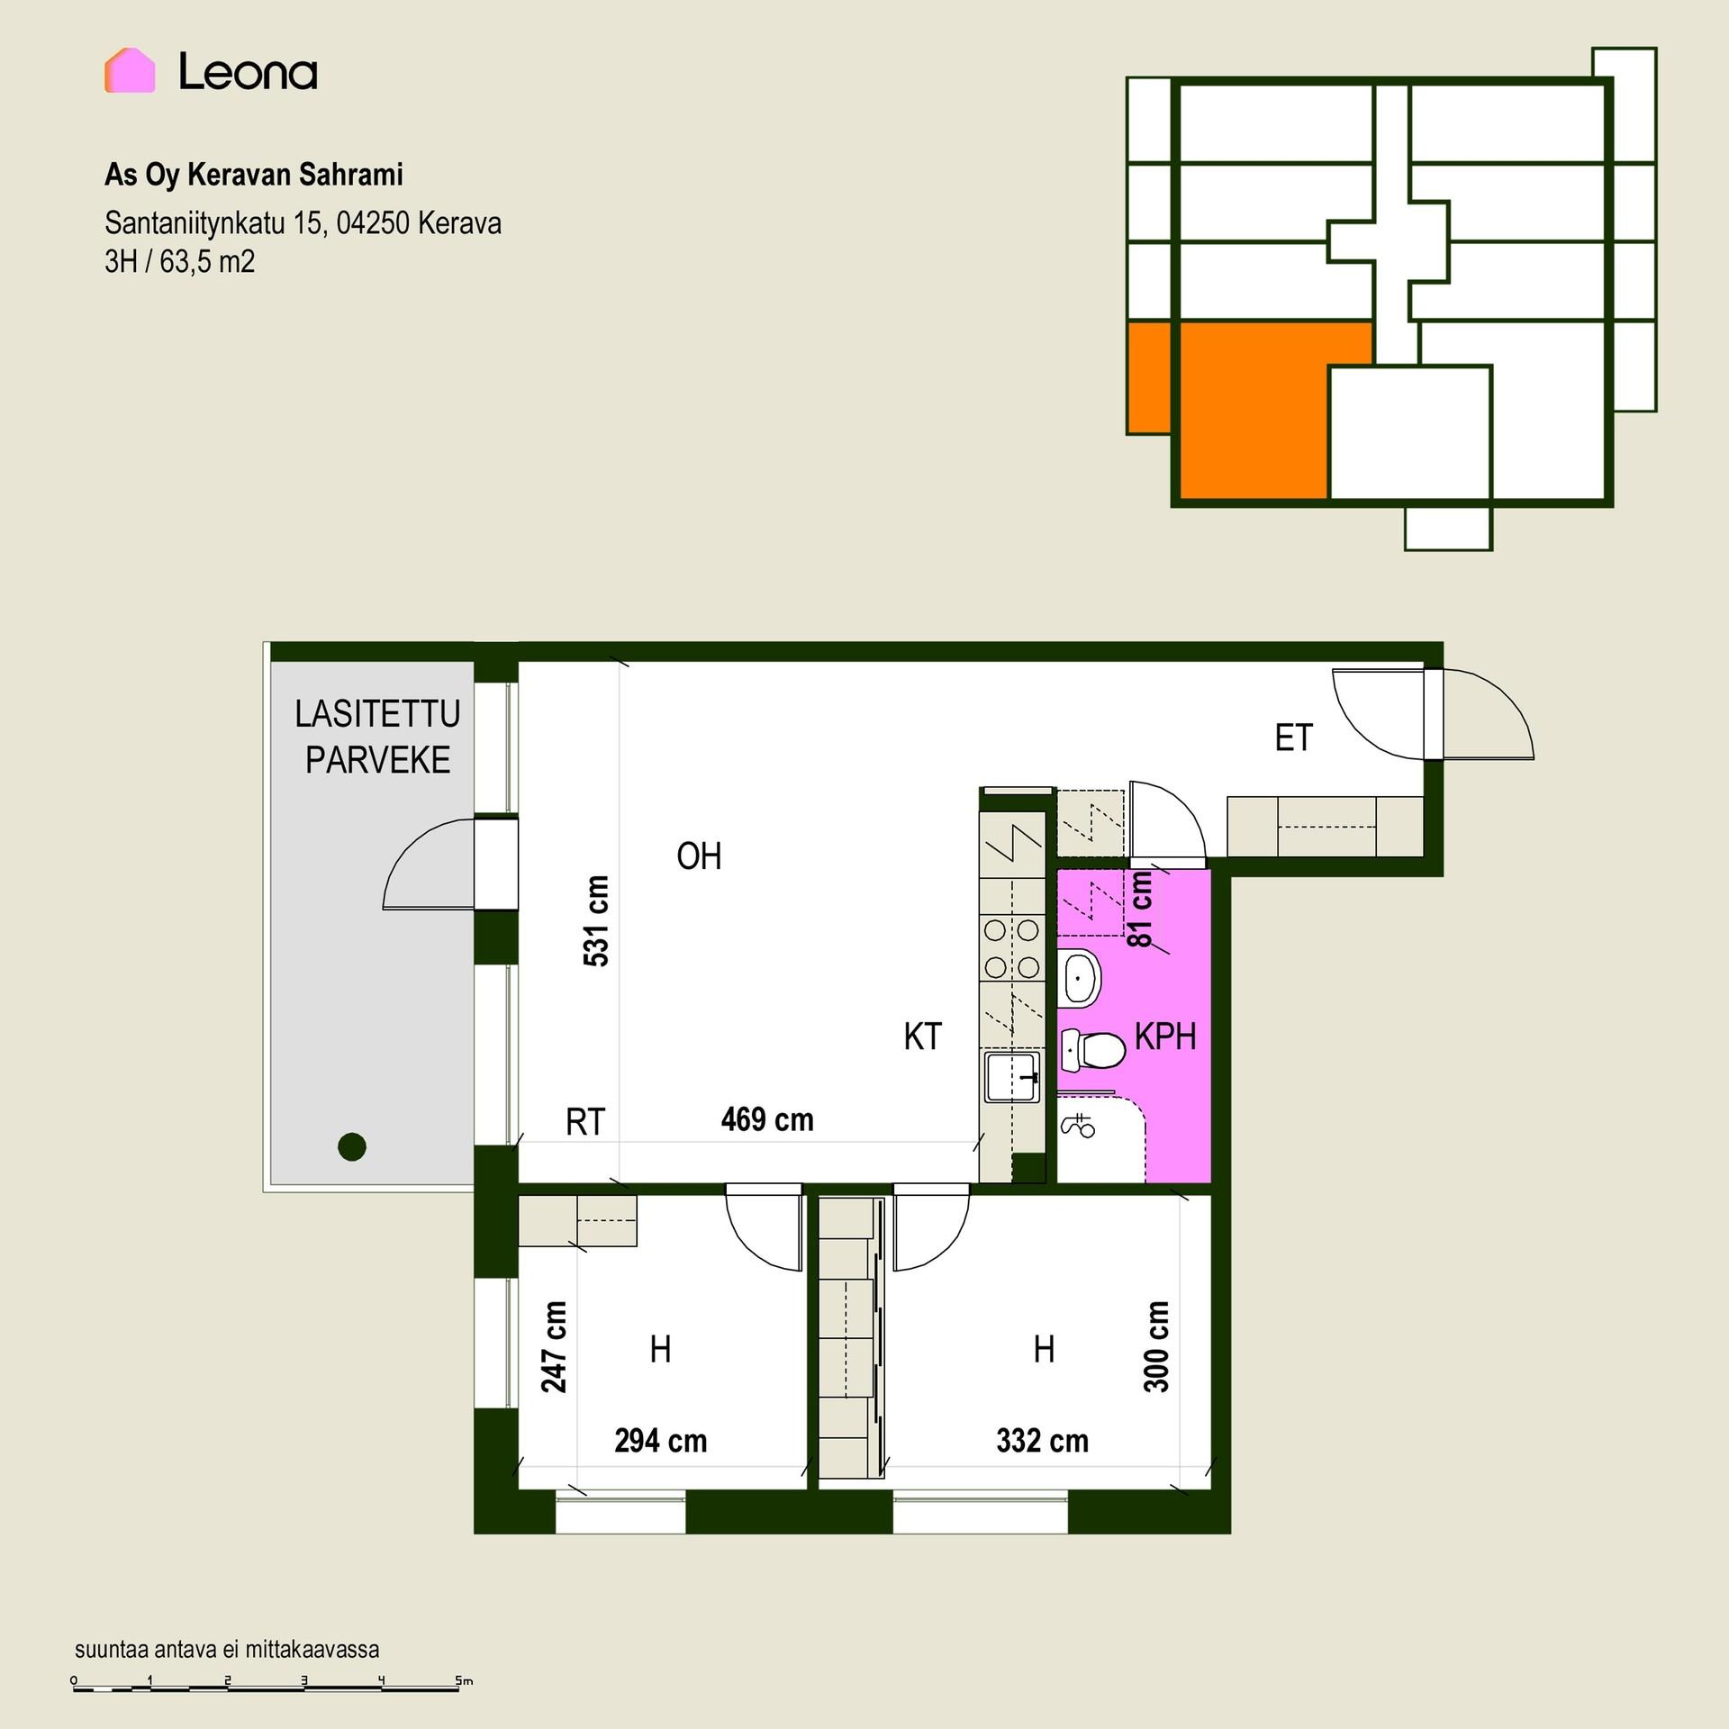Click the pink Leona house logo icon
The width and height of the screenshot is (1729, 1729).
[130, 70]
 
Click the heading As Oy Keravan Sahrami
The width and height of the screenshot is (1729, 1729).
[254, 175]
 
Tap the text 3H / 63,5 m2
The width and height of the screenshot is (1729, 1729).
[180, 262]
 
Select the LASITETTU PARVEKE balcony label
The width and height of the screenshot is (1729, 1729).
[377, 737]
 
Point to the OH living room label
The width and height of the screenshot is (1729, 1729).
[699, 856]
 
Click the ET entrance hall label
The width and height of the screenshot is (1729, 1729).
[1293, 738]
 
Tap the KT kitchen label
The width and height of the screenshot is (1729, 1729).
[922, 1036]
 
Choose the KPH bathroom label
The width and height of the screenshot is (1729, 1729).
[1165, 1037]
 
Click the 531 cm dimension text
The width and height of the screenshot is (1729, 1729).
[596, 920]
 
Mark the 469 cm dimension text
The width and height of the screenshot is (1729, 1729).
[767, 1119]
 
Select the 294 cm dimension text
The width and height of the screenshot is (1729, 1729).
[661, 1441]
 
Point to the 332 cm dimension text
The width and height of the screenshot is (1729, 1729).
[1043, 1441]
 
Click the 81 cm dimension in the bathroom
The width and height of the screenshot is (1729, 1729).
[1139, 910]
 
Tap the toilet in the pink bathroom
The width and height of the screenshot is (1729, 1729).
[1093, 1049]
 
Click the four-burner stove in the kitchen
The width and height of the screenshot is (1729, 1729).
[1012, 948]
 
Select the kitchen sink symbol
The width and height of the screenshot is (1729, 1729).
[1013, 1077]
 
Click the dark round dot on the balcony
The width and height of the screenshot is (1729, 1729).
[352, 1146]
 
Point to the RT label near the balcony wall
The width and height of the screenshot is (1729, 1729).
[585, 1122]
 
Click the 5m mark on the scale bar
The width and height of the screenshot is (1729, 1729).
[464, 1680]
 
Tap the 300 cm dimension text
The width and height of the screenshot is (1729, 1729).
[1156, 1347]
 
